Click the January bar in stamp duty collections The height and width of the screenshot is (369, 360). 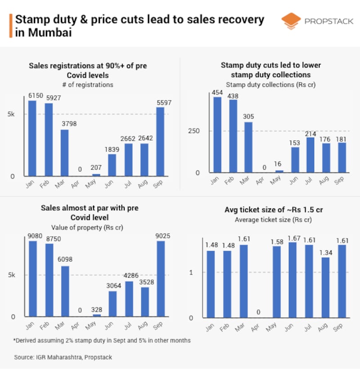[x=217, y=135]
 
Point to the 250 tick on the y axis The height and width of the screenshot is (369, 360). [x=200, y=131]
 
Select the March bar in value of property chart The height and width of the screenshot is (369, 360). [x=65, y=291]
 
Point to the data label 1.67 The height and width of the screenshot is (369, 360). [x=294, y=237]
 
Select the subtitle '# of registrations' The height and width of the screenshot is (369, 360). [x=88, y=85]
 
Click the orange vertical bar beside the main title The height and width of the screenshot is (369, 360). [x=10, y=26]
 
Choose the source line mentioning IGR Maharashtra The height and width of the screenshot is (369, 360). [x=63, y=357]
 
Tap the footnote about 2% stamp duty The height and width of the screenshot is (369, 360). [x=102, y=340]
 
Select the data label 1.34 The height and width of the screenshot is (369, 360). [x=326, y=252]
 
